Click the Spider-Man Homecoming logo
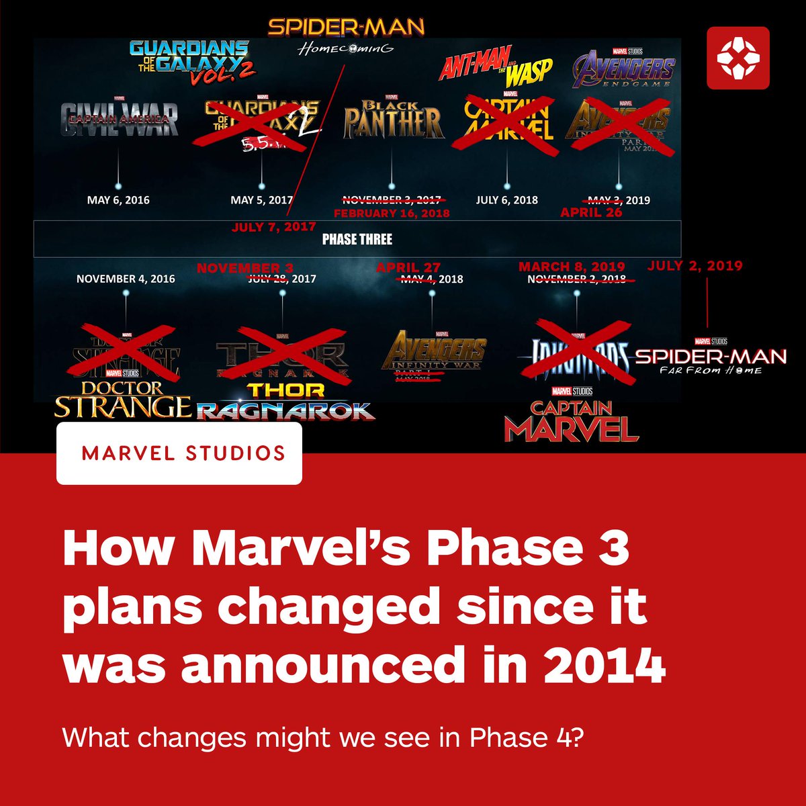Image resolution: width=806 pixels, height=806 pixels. (x=346, y=35)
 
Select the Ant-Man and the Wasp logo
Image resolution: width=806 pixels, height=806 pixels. (x=496, y=66)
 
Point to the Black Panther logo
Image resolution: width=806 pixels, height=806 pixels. (x=394, y=121)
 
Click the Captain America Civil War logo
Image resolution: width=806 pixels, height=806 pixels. (x=119, y=119)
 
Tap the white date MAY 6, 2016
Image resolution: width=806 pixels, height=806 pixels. (x=118, y=200)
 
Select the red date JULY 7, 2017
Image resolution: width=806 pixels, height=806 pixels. (x=273, y=227)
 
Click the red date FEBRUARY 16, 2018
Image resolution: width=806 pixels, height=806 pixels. (x=391, y=213)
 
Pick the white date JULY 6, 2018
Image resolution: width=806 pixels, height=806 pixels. (x=506, y=200)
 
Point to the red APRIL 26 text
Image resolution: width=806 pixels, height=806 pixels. (x=591, y=212)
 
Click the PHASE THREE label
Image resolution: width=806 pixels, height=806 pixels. (x=357, y=239)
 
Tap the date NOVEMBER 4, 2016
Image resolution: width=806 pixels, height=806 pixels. (x=126, y=279)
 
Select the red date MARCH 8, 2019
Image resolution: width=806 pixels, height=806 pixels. (x=572, y=267)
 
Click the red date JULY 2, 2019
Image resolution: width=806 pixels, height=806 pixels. (x=695, y=266)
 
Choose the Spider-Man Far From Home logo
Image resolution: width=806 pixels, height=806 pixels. (x=710, y=357)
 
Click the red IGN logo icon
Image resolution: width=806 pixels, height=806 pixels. (x=737, y=58)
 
